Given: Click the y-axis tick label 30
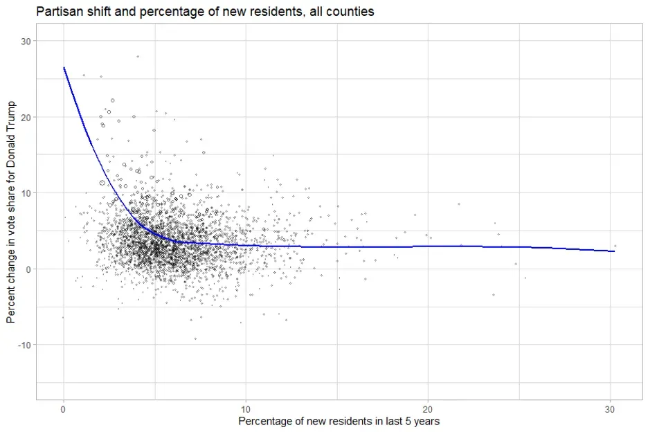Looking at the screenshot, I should (x=26, y=42).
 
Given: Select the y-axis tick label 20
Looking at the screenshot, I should (x=26, y=117).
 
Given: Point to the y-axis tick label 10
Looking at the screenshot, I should (x=26, y=193).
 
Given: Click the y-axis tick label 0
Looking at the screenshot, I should (x=28, y=269).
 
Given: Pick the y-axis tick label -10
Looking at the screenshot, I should (x=24, y=345).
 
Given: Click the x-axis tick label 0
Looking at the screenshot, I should (x=64, y=408).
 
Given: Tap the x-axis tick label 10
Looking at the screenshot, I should (x=246, y=408).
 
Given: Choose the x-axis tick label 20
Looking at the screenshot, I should (x=428, y=408).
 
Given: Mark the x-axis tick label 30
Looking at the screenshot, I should (x=610, y=408).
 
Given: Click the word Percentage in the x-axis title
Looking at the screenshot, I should (x=264, y=421).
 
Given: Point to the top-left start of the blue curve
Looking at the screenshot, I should (x=64, y=68).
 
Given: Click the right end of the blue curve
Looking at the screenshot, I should (x=614, y=251).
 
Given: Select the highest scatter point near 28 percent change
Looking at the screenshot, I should (x=138, y=56).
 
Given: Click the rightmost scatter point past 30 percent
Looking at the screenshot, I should (x=615, y=246).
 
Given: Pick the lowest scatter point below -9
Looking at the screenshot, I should (x=195, y=339).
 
